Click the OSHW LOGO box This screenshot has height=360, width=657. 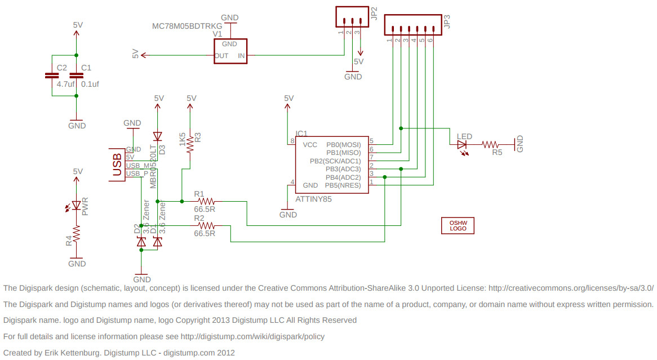(458, 225)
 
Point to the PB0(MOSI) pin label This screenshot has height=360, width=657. (344, 145)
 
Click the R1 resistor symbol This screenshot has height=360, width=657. (207, 201)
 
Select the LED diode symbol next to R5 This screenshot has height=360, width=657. (463, 145)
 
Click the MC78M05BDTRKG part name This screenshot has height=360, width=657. (187, 26)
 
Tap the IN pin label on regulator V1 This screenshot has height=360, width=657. (241, 56)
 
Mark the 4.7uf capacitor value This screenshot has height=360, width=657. (66, 84)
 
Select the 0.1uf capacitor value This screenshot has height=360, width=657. (90, 84)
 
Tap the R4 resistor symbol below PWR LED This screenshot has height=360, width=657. (77, 233)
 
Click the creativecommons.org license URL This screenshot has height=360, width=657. (571, 288)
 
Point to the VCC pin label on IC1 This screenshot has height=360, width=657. (310, 145)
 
